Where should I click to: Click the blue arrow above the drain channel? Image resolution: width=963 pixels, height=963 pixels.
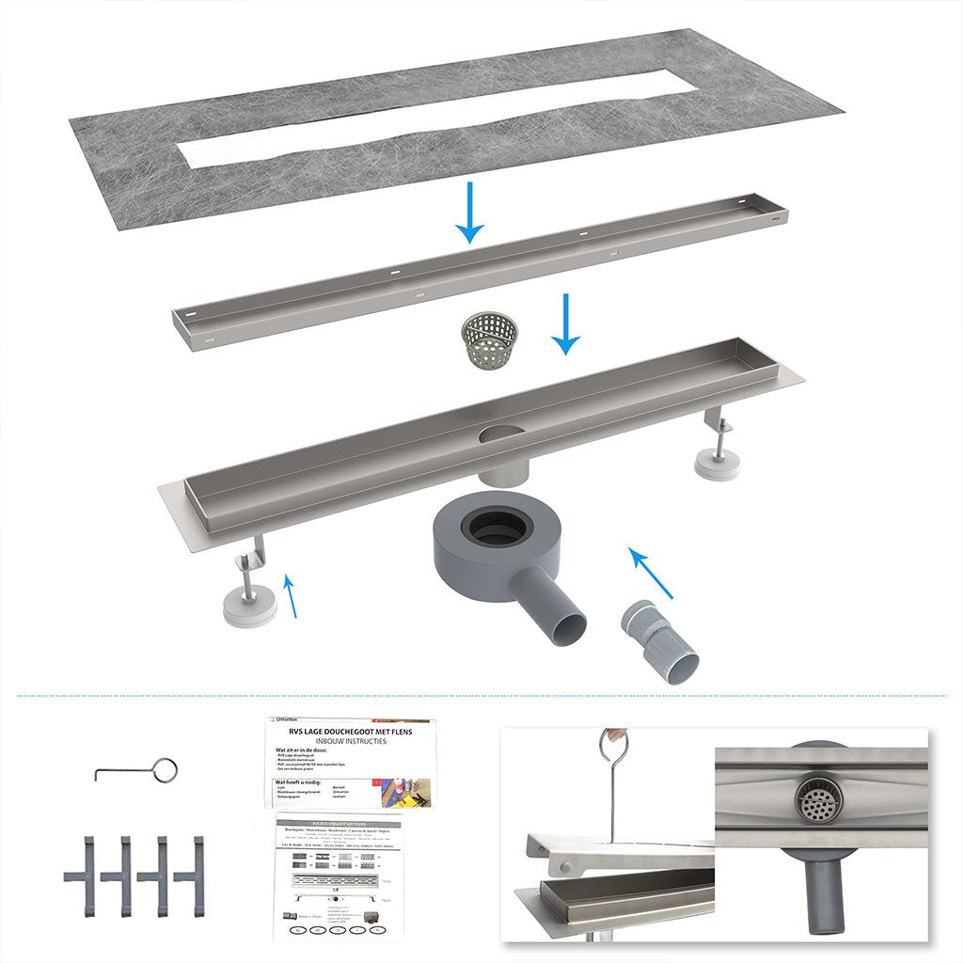coord(564,324)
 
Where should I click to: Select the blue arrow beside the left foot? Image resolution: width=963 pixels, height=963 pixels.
coord(291,597)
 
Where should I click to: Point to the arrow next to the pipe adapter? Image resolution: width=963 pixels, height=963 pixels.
coord(652,574)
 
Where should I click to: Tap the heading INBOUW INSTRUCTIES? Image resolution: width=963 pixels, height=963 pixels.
coord(350,742)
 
